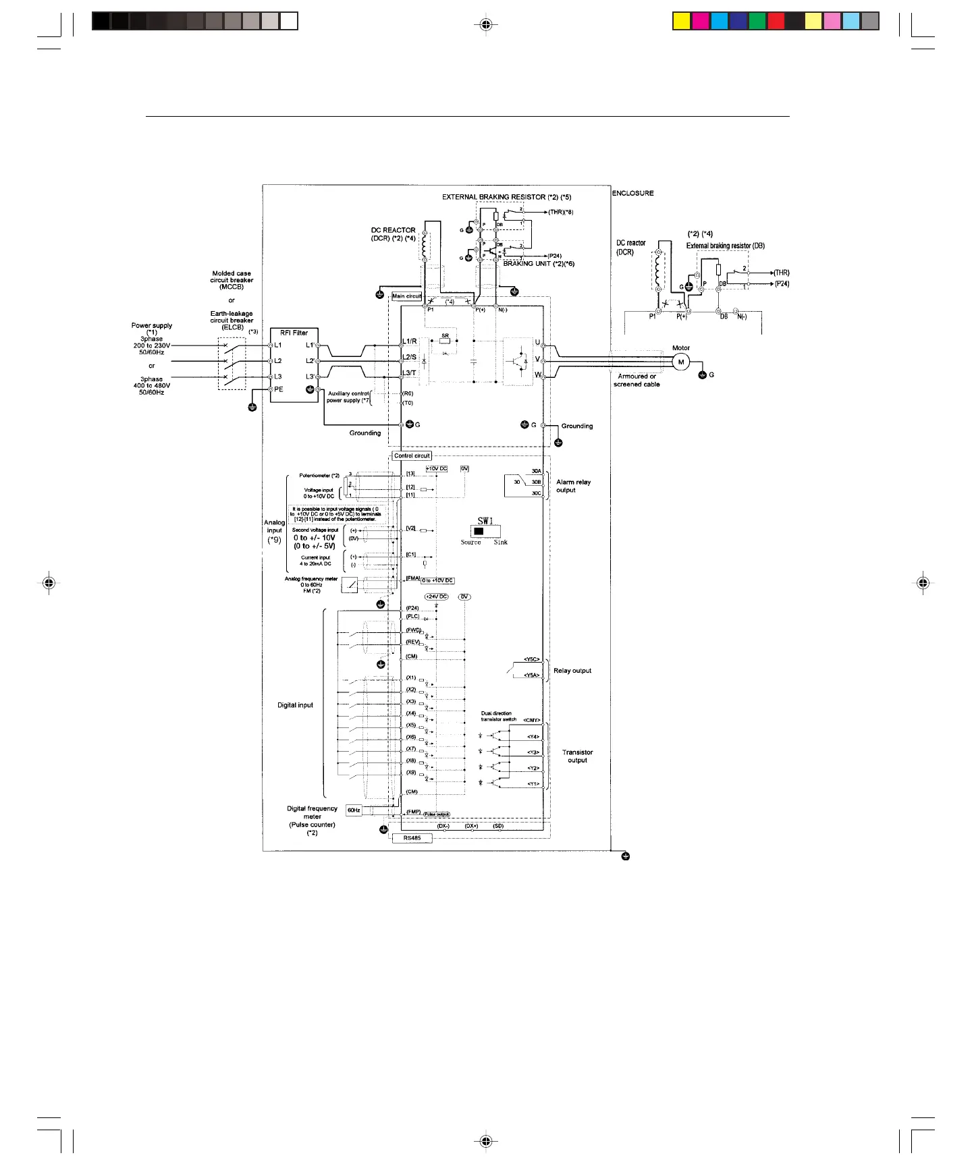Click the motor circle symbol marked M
[680, 362]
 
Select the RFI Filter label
[294, 333]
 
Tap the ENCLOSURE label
[632, 193]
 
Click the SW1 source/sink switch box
[483, 531]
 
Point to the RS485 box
[412, 838]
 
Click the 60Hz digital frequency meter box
[354, 810]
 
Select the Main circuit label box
[406, 296]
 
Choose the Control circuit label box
[412, 456]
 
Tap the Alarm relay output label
[573, 486]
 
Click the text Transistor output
[577, 756]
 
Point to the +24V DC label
[436, 596]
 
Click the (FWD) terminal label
[413, 630]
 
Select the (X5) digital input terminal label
[411, 725]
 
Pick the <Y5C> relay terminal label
[532, 659]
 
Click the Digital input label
[295, 705]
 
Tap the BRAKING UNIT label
[539, 264]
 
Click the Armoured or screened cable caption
[637, 381]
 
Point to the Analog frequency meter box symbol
[350, 585]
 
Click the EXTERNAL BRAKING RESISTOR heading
[506, 197]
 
